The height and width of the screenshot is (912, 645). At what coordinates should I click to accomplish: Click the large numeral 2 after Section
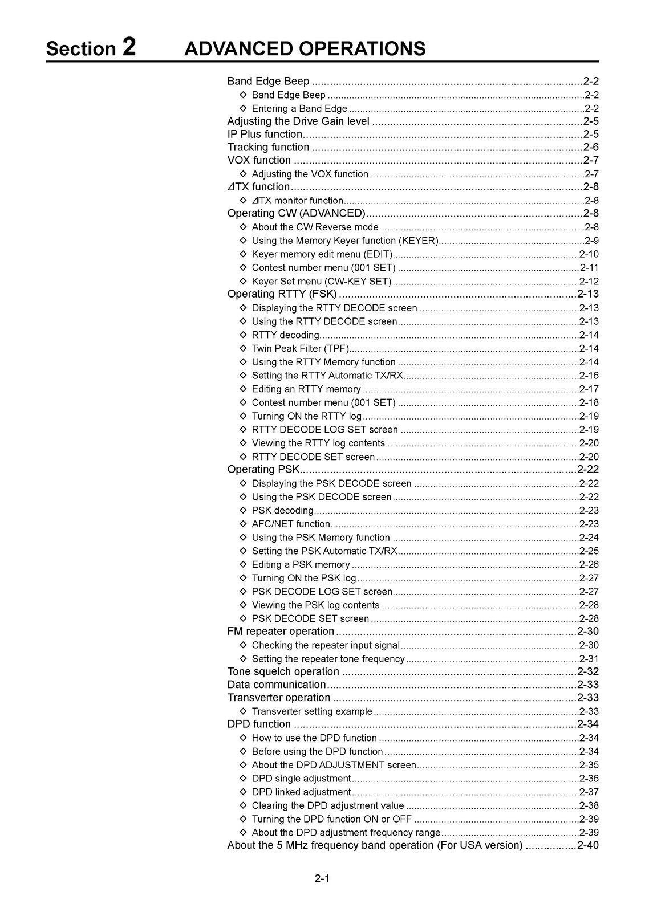point(129,47)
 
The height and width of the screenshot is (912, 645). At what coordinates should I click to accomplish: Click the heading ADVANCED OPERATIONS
point(305,48)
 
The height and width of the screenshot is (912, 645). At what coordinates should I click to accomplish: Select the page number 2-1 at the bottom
point(322,878)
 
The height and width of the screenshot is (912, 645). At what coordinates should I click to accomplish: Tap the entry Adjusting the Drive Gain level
point(298,121)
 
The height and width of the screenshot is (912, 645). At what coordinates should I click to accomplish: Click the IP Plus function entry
point(265,135)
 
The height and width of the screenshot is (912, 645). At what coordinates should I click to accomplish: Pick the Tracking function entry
point(268,148)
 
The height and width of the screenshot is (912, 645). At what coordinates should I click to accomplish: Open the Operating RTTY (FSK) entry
point(282,294)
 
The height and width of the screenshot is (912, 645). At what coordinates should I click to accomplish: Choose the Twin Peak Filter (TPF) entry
point(300,348)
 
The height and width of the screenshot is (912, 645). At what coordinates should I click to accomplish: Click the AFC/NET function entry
point(291,524)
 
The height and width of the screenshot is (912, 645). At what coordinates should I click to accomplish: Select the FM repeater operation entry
point(281,632)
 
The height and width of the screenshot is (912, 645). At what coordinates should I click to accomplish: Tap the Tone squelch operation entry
point(283,672)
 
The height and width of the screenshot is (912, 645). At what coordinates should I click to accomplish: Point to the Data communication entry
point(277,685)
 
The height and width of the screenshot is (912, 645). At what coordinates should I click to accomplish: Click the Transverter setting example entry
point(312,711)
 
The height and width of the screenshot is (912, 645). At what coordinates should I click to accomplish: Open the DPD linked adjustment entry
point(301,792)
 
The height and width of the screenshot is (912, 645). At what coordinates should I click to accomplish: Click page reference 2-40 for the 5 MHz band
point(588,845)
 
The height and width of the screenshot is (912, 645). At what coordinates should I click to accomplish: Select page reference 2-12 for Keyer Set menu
point(589,282)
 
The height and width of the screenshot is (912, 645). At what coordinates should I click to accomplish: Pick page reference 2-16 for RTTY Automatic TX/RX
point(589,376)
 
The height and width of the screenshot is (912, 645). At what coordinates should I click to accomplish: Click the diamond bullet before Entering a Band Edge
point(243,108)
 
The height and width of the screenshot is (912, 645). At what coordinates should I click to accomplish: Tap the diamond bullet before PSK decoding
point(243,510)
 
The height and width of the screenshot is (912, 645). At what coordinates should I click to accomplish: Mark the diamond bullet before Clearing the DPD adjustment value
point(243,805)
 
